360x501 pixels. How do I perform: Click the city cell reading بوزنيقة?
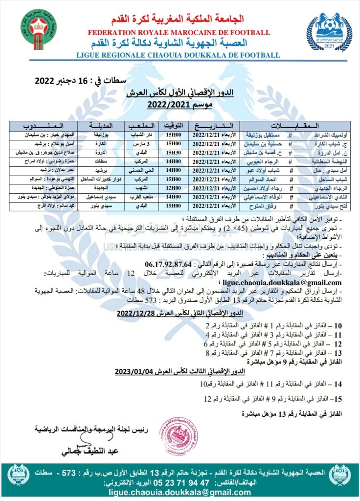[x=96, y=135]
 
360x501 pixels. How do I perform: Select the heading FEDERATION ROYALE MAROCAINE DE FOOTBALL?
[x=179, y=33]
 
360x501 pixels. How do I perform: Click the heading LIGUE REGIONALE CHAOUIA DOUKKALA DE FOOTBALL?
[x=179, y=55]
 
